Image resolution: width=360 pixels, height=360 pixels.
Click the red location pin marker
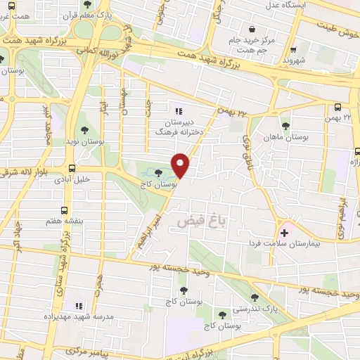(181, 165)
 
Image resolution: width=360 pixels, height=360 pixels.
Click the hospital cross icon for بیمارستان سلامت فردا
(284, 232)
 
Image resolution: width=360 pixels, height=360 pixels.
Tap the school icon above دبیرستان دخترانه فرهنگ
(177, 110)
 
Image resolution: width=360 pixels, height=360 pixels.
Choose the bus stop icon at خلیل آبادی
(72, 167)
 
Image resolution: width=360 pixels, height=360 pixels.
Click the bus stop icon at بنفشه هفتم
(65, 210)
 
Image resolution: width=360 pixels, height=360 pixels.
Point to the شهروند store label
(294, 61)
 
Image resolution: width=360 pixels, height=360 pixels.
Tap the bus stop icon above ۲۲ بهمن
(339, 108)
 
